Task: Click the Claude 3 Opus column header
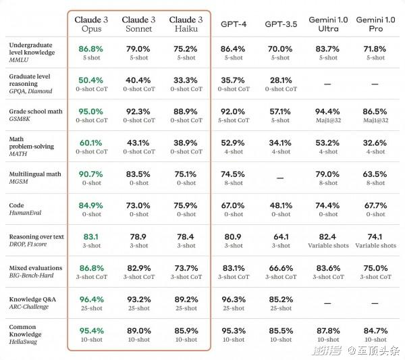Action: pyautogui.click(x=91, y=24)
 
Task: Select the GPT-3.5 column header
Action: pyautogui.click(x=281, y=24)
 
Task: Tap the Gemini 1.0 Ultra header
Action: pyautogui.click(x=328, y=24)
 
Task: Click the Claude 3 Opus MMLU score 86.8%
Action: pyautogui.click(x=90, y=49)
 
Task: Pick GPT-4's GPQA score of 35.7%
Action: pyautogui.click(x=233, y=80)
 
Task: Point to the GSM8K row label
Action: pyautogui.click(x=20, y=119)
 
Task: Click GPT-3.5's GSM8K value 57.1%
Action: pyautogui.click(x=280, y=111)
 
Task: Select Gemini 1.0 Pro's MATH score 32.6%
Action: pyautogui.click(x=375, y=143)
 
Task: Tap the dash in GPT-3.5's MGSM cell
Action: pyautogui.click(x=280, y=178)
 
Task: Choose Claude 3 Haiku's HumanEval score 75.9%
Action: pyautogui.click(x=186, y=205)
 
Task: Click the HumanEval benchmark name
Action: pyautogui.click(x=25, y=213)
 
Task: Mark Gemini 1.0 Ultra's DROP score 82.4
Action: pyautogui.click(x=327, y=236)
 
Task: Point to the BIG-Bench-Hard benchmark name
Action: pyautogui.click(x=31, y=276)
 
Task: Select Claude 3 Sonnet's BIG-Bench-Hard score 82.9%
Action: pyautogui.click(x=139, y=268)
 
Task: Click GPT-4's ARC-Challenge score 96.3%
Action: pyautogui.click(x=234, y=299)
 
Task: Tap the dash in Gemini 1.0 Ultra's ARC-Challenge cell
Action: pyautogui.click(x=327, y=303)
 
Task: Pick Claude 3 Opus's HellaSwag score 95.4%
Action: pyautogui.click(x=91, y=331)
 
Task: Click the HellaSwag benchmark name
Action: pyautogui.click(x=23, y=342)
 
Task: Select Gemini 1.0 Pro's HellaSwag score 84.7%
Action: pyautogui.click(x=375, y=331)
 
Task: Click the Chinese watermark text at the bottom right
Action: pyautogui.click(x=356, y=351)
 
